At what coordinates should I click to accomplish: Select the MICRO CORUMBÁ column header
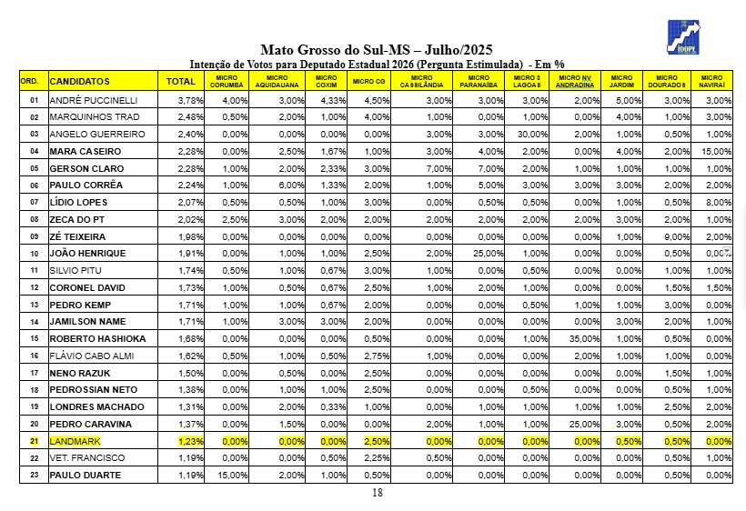click(x=228, y=82)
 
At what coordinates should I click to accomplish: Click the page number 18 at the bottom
click(x=378, y=493)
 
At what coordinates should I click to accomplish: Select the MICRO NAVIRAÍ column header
click(x=711, y=82)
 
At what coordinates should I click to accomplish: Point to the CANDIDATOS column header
click(x=80, y=82)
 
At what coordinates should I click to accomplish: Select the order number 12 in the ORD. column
click(x=34, y=287)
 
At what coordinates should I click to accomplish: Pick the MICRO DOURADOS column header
click(x=667, y=82)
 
